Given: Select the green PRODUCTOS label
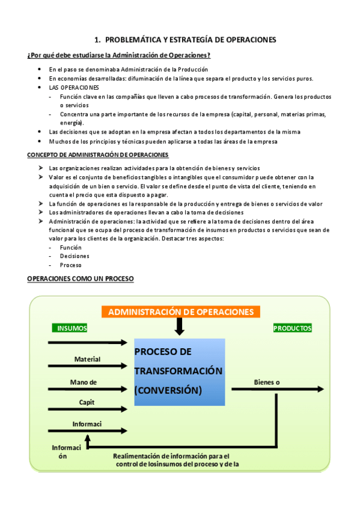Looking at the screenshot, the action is click(292, 328).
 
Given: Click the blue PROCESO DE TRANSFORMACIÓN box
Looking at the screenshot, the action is click(180, 372).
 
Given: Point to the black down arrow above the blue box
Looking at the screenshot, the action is click(179, 327).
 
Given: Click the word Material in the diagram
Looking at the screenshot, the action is click(87, 359).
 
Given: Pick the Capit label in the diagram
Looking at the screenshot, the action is click(87, 402).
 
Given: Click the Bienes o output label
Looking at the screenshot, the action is click(267, 382).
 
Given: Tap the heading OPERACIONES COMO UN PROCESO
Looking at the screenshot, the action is click(81, 278).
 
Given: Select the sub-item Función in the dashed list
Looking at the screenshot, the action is click(70, 247).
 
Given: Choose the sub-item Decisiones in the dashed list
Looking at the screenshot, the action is click(75, 256).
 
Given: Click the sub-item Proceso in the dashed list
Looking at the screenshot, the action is click(71, 265).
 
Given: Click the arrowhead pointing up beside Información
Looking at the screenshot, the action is click(88, 439).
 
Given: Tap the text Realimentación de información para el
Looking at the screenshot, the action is click(171, 455).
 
